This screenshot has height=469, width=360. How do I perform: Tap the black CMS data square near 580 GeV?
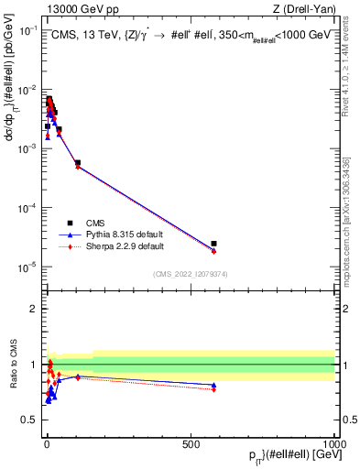pyautogui.click(x=213, y=244)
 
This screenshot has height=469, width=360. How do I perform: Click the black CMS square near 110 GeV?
pyautogui.click(x=78, y=163)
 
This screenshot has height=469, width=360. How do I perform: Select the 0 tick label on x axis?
pyautogui.click(x=46, y=443)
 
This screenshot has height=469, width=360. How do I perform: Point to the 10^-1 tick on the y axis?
pyautogui.click(x=28, y=30)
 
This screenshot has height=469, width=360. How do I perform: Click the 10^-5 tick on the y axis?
pyautogui.click(x=28, y=267)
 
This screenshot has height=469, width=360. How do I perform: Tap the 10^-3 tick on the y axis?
pyautogui.click(x=28, y=148)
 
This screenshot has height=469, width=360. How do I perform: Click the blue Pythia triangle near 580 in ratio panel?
pyautogui.click(x=213, y=386)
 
